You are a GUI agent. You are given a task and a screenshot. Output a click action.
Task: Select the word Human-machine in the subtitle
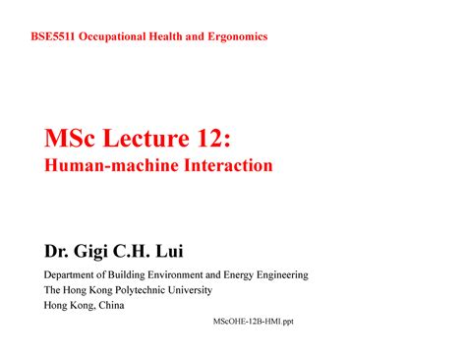[x=103, y=166]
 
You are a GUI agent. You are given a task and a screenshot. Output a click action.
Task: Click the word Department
[x=75, y=274]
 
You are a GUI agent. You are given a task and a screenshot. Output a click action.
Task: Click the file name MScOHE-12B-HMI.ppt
[x=253, y=321]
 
